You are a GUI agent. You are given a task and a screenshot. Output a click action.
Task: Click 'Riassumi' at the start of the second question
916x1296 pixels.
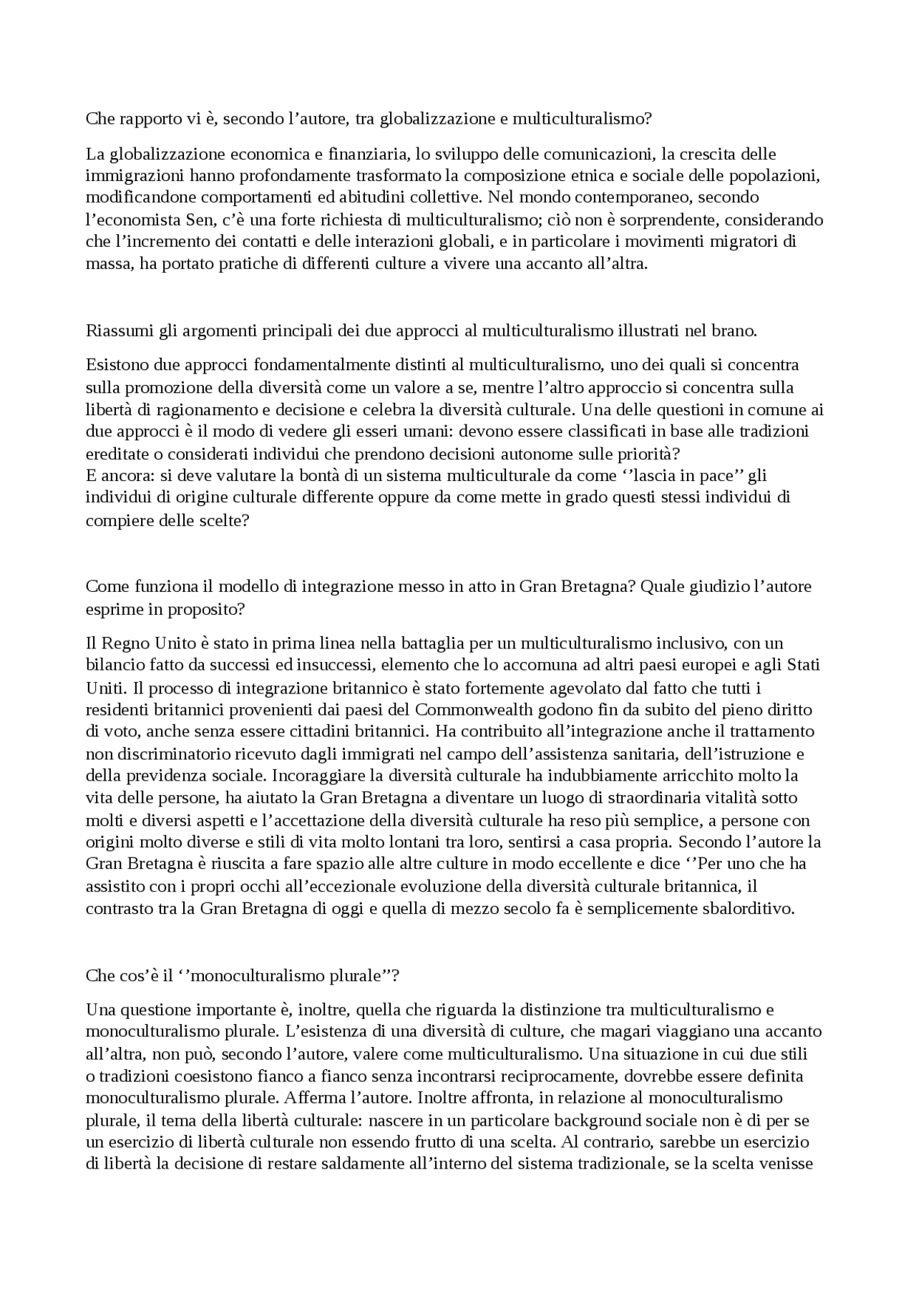pos(112,331)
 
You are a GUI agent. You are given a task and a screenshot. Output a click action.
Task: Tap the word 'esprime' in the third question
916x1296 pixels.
pos(110,609)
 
